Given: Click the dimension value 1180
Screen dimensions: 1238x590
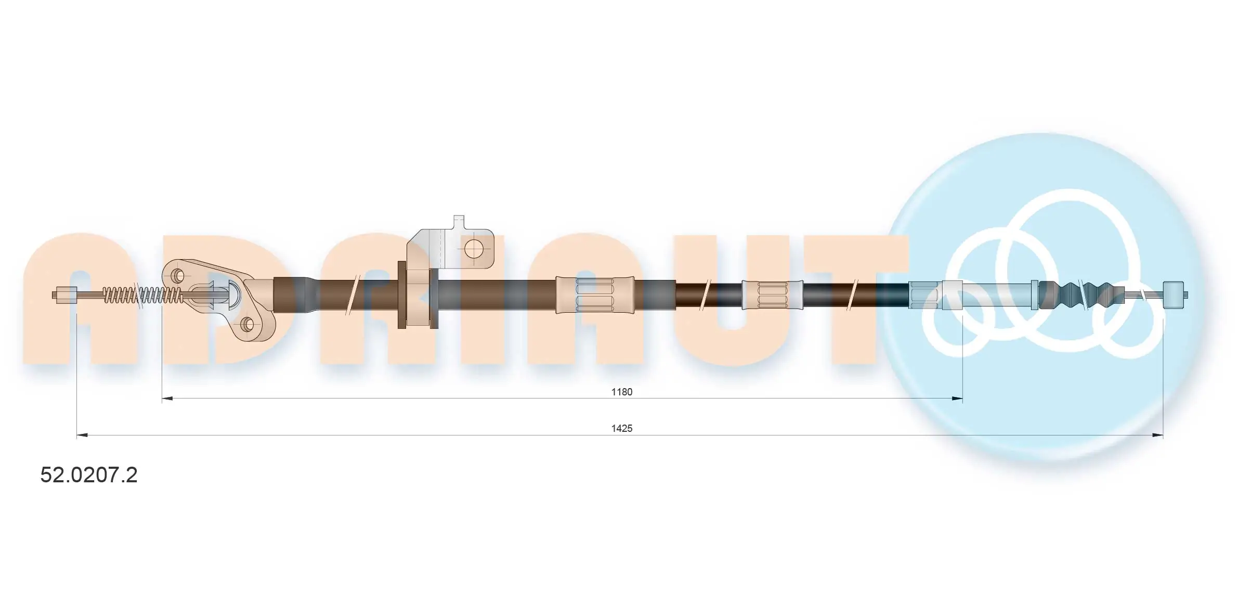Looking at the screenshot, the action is coord(621,392).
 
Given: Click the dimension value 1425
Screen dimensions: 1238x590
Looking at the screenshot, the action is coord(621,428).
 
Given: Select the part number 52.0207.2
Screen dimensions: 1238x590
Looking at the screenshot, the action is coord(89,475).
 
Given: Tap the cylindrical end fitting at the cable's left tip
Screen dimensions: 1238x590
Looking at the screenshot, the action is coord(67,295).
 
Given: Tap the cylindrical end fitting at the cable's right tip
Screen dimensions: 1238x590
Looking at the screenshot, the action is coord(1174,295).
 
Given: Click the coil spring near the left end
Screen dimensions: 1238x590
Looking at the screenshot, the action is coord(143,295).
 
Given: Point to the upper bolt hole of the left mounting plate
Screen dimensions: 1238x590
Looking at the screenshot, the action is coord(177,275).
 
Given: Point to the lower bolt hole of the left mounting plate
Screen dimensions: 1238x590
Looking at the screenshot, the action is coord(247,325).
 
